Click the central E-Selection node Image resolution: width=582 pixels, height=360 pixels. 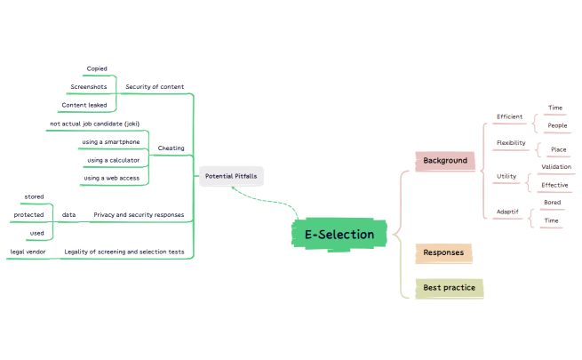point(339,235)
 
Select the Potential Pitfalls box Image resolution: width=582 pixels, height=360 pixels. point(231,176)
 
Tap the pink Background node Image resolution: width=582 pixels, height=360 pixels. point(445,161)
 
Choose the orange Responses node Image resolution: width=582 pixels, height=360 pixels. point(443,252)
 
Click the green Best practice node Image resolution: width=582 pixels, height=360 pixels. point(449,288)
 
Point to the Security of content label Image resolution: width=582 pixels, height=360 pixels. point(155,87)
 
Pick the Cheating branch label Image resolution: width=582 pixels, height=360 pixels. point(171,148)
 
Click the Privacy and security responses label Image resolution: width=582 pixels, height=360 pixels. point(139,214)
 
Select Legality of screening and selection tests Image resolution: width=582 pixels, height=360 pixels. point(124,252)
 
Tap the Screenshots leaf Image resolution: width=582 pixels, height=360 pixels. point(88,87)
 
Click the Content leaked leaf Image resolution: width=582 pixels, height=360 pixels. point(84,105)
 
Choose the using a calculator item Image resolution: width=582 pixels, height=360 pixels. point(113,160)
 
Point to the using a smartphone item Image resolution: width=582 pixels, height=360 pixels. point(110,141)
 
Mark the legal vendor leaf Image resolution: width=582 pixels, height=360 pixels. point(28,252)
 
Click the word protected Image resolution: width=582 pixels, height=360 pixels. point(29,214)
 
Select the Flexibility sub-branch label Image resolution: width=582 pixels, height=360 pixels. point(510,142)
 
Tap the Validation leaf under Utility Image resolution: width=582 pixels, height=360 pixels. point(556,166)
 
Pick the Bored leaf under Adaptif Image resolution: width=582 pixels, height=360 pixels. point(552,202)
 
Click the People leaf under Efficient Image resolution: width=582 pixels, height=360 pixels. point(557,125)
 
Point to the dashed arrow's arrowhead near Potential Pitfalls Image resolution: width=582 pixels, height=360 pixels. point(232,188)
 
